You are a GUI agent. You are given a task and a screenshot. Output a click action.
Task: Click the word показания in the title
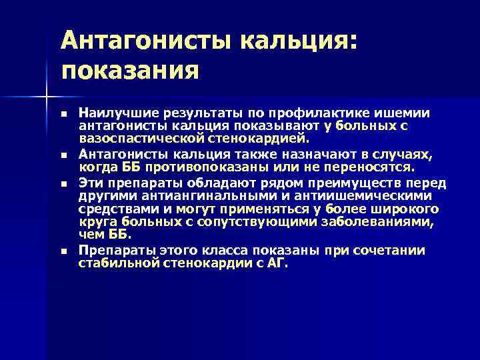[129, 69]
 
